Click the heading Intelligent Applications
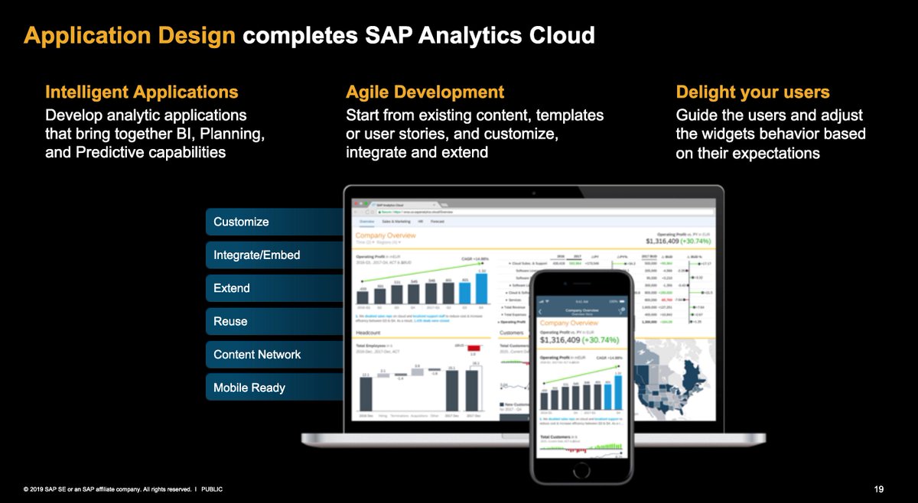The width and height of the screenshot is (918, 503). tap(142, 92)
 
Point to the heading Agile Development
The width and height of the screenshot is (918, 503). tap(425, 92)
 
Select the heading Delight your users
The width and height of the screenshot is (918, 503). tap(753, 92)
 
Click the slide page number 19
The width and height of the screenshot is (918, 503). tap(878, 488)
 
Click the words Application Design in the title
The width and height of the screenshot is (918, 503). tap(129, 35)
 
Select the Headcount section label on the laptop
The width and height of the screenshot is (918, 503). tap(369, 333)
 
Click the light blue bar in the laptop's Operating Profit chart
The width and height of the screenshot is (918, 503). tap(482, 290)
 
